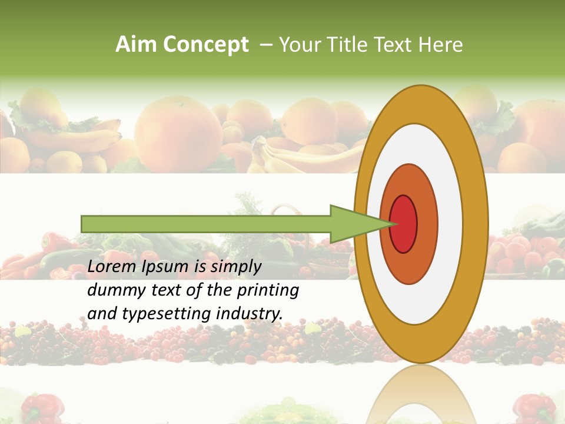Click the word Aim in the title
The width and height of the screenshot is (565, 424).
[x=136, y=45]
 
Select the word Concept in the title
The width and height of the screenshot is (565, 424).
[x=205, y=45]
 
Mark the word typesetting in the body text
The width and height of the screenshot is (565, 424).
[x=166, y=314]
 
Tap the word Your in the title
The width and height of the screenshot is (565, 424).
[x=298, y=45]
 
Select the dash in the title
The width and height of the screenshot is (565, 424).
[x=265, y=45]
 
